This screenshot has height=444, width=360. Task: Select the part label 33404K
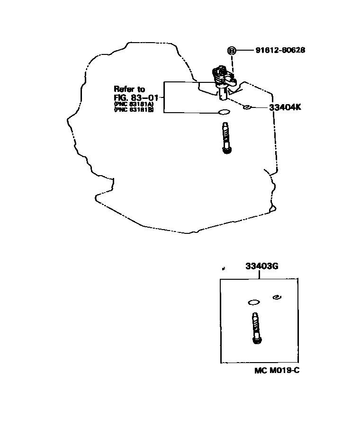(x=285, y=107)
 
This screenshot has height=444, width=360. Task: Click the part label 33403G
(x=261, y=266)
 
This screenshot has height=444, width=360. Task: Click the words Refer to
(x=129, y=89)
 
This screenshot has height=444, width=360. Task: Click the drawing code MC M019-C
(x=277, y=370)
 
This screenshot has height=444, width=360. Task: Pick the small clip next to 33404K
(x=247, y=107)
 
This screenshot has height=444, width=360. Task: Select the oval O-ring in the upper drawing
(x=224, y=113)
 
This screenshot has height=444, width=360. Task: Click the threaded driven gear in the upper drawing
(x=226, y=135)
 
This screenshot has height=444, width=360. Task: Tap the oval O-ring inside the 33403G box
(x=254, y=302)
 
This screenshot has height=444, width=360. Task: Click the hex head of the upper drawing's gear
(x=227, y=150)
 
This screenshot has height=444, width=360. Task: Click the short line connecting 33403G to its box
(x=261, y=275)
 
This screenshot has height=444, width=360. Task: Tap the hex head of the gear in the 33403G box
(x=256, y=340)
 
